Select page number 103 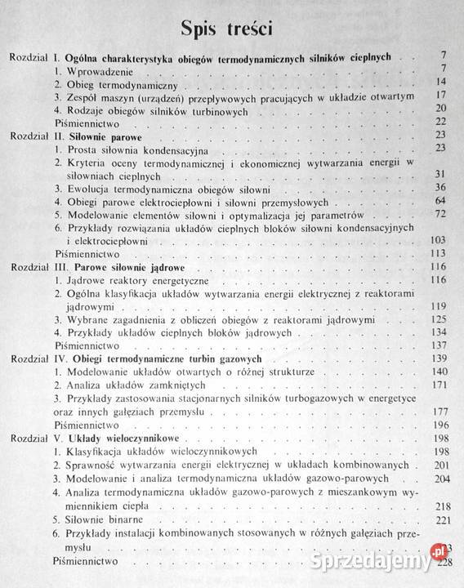(x=438, y=242)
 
